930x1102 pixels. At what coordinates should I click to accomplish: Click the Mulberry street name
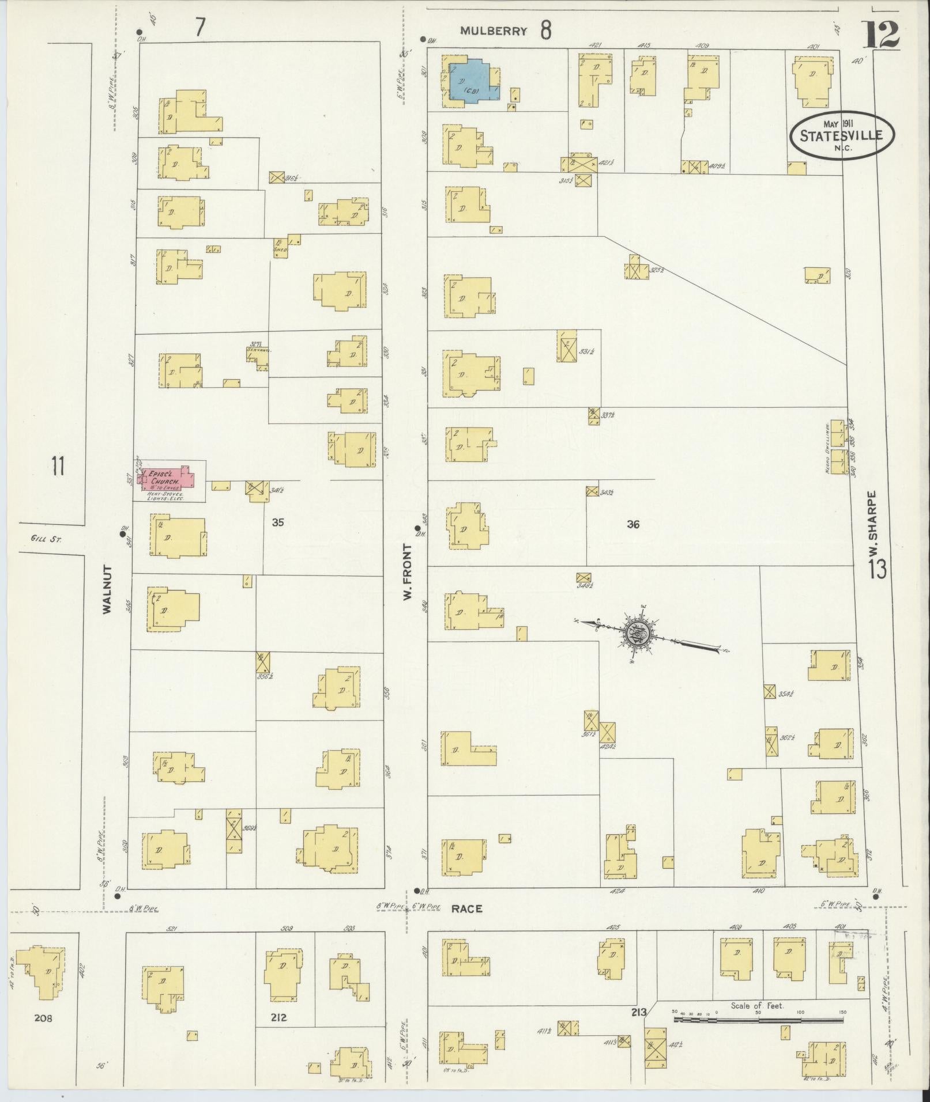point(494,32)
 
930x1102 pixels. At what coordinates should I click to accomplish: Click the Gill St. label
point(48,539)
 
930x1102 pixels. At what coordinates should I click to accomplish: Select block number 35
point(278,522)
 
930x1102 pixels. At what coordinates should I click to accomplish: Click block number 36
point(633,524)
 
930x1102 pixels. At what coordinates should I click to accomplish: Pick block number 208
point(43,1018)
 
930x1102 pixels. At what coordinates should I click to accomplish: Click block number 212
point(278,1017)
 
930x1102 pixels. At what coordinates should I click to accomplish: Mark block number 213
point(639,1012)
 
